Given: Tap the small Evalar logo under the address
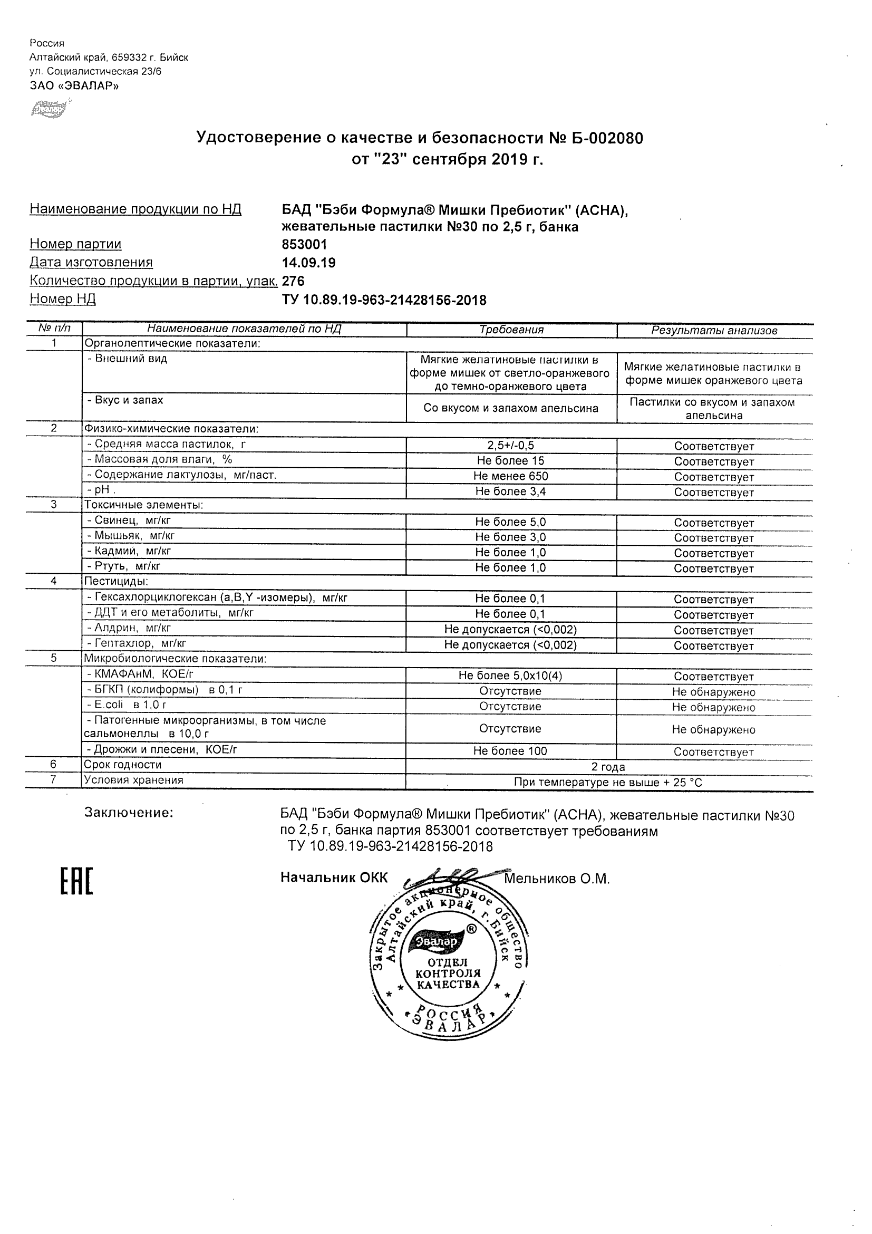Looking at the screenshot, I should tap(49, 110).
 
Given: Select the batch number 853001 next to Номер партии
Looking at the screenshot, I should tap(304, 245).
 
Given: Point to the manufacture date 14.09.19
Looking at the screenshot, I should tap(308, 263).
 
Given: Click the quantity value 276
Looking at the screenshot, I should tap(293, 281).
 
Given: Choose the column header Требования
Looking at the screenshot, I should tap(511, 330).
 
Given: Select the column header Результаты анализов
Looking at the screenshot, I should tap(714, 331).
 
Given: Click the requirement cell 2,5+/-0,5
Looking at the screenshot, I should tap(510, 446).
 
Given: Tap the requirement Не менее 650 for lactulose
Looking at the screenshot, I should tap(510, 476).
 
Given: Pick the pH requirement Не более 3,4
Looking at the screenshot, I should tap(510, 491).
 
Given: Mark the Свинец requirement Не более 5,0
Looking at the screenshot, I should tap(510, 522).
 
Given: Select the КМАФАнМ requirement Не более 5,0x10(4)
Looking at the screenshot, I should tap(510, 676).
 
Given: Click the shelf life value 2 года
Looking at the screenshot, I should tap(608, 767).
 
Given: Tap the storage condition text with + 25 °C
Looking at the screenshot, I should tap(608, 783).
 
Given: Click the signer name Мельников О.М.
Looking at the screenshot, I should tap(557, 879).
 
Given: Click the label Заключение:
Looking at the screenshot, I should tap(129, 813).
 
